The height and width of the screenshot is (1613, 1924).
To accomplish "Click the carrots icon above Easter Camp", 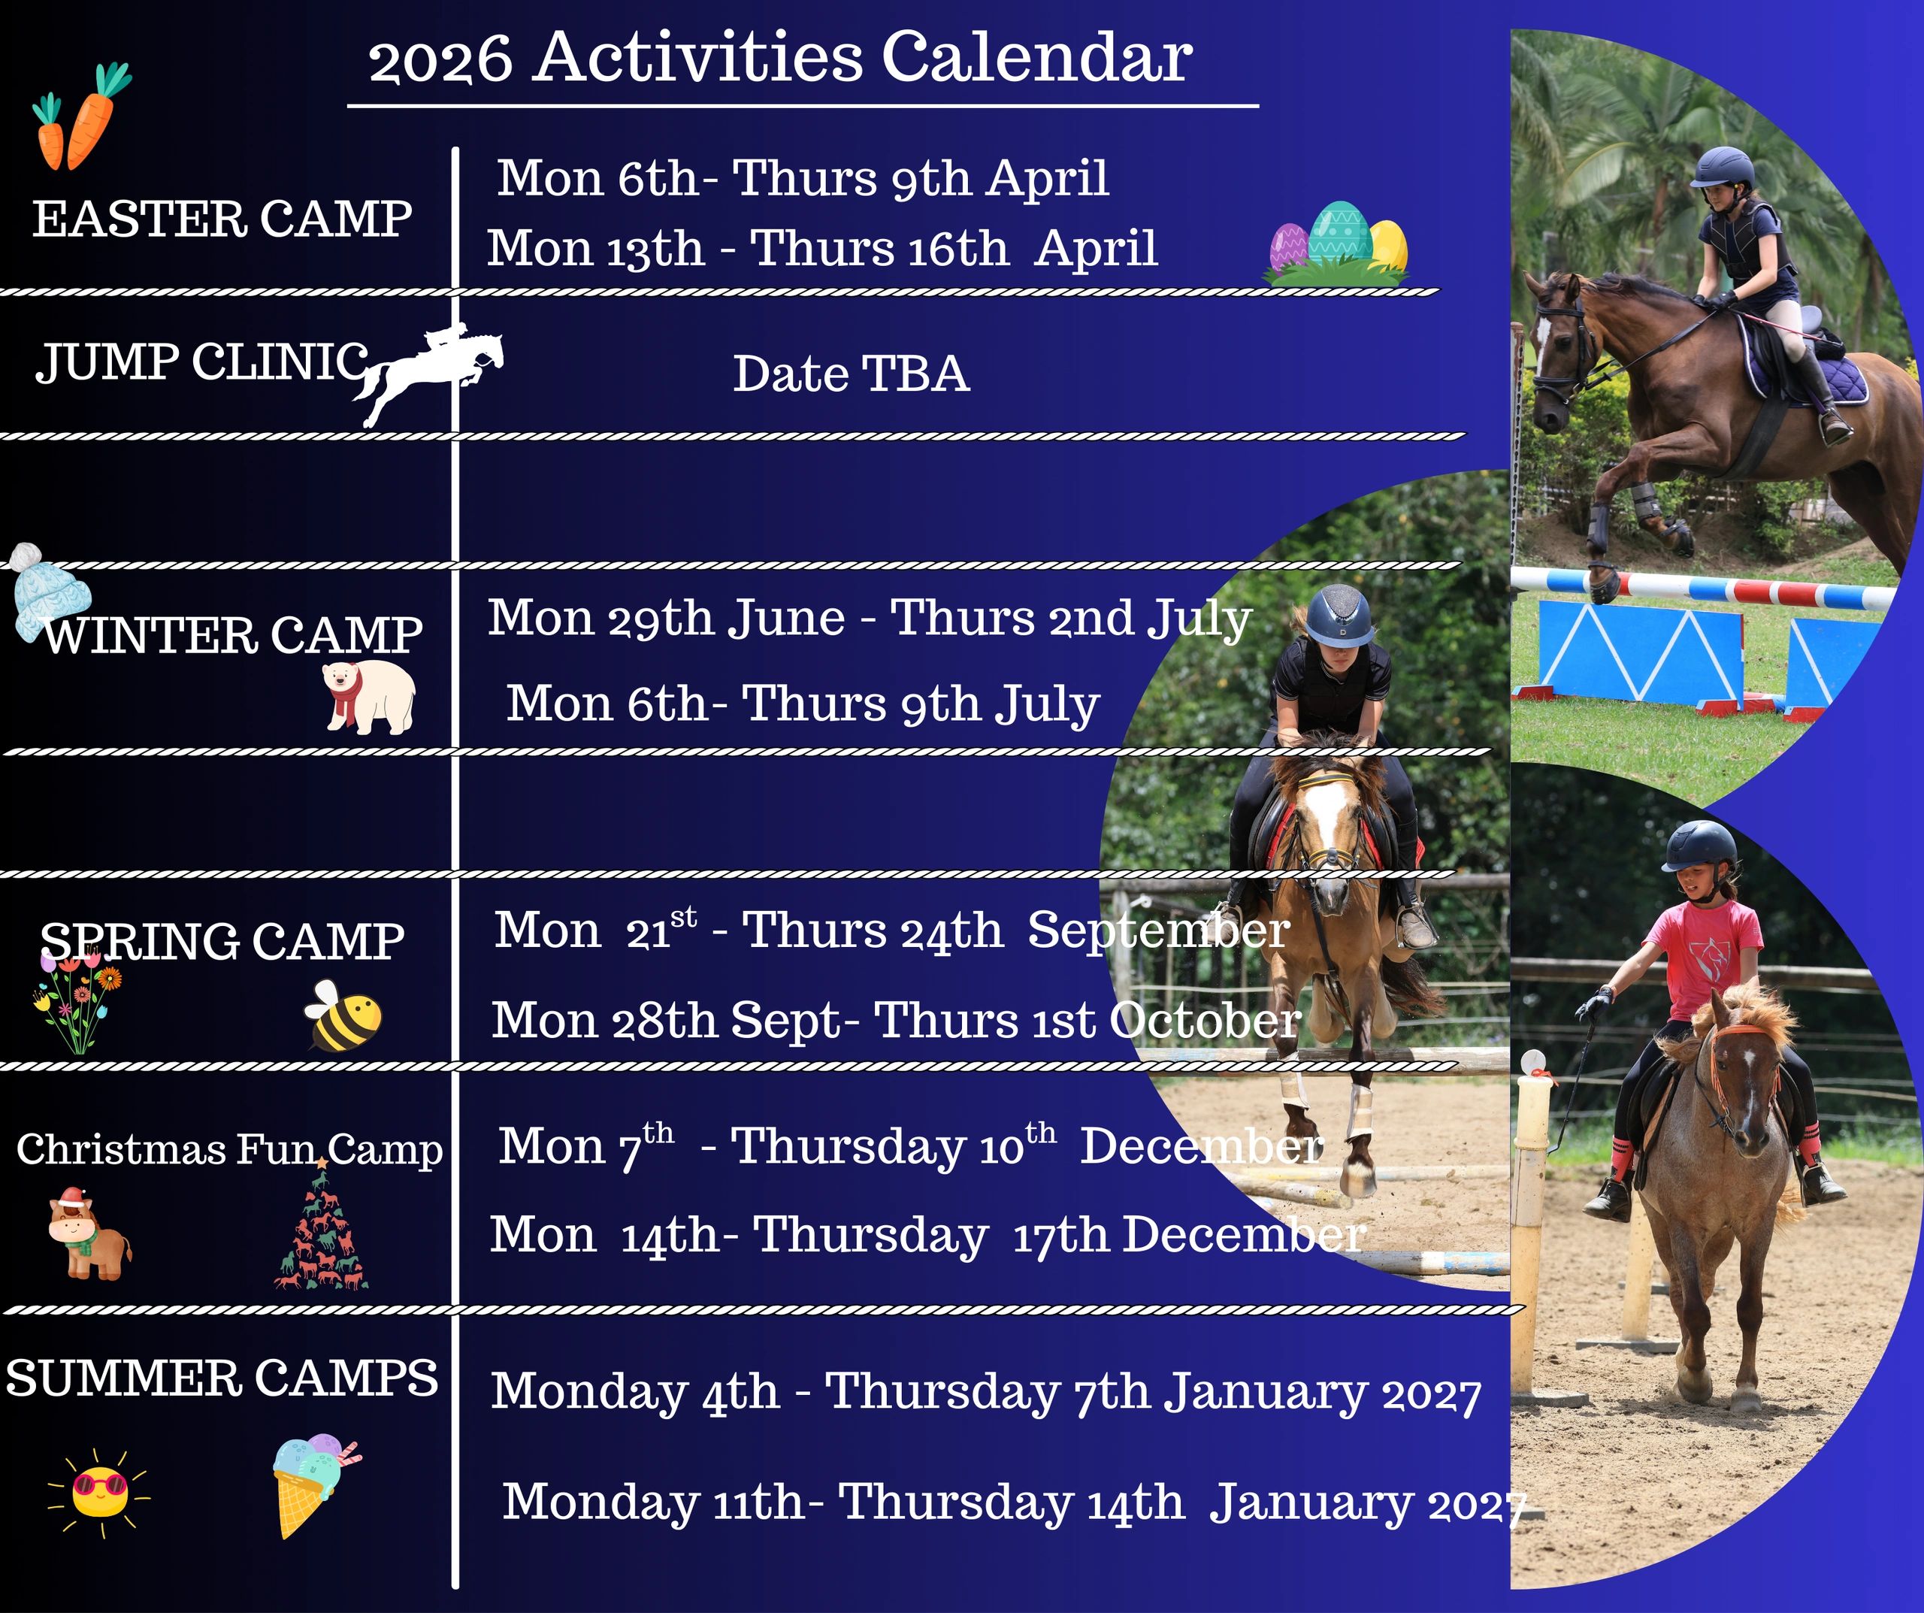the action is pos(80,117).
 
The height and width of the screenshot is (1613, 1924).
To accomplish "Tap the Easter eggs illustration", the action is pos(1338,243).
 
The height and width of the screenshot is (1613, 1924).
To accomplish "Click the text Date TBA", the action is pos(851,374).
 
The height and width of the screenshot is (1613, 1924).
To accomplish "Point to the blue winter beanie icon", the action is pos(50,590).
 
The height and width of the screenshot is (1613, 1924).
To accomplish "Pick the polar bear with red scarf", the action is pos(369,698).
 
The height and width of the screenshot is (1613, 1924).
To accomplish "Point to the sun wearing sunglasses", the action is pos(100,1492).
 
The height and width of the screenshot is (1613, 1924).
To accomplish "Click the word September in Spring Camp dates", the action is pos(1159,931).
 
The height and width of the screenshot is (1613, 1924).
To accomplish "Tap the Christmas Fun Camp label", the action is pos(229,1149).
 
